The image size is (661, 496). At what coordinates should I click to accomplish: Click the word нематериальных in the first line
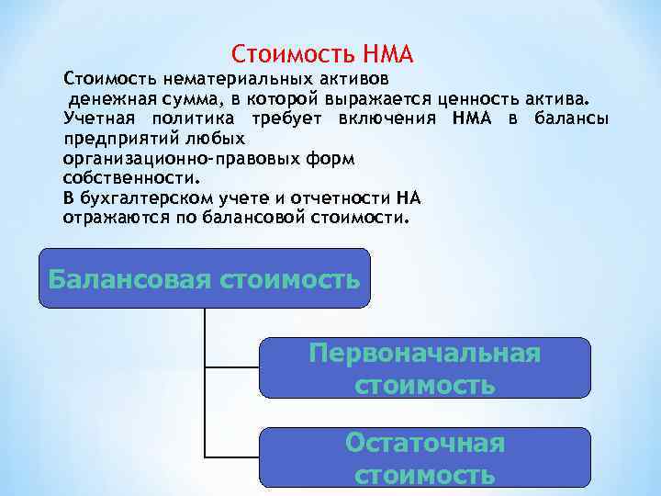tap(200, 79)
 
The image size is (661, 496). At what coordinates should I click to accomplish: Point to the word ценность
tap(499, 99)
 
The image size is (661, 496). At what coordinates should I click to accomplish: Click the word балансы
tap(570, 118)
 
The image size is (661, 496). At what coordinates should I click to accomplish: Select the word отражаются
tap(109, 219)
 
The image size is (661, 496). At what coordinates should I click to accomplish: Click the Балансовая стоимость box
tap(204, 277)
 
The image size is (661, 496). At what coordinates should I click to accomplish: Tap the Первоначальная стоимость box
tap(425, 367)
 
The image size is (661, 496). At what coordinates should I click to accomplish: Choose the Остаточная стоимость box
tap(425, 457)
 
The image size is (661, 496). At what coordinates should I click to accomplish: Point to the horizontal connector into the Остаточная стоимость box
tap(232, 457)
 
